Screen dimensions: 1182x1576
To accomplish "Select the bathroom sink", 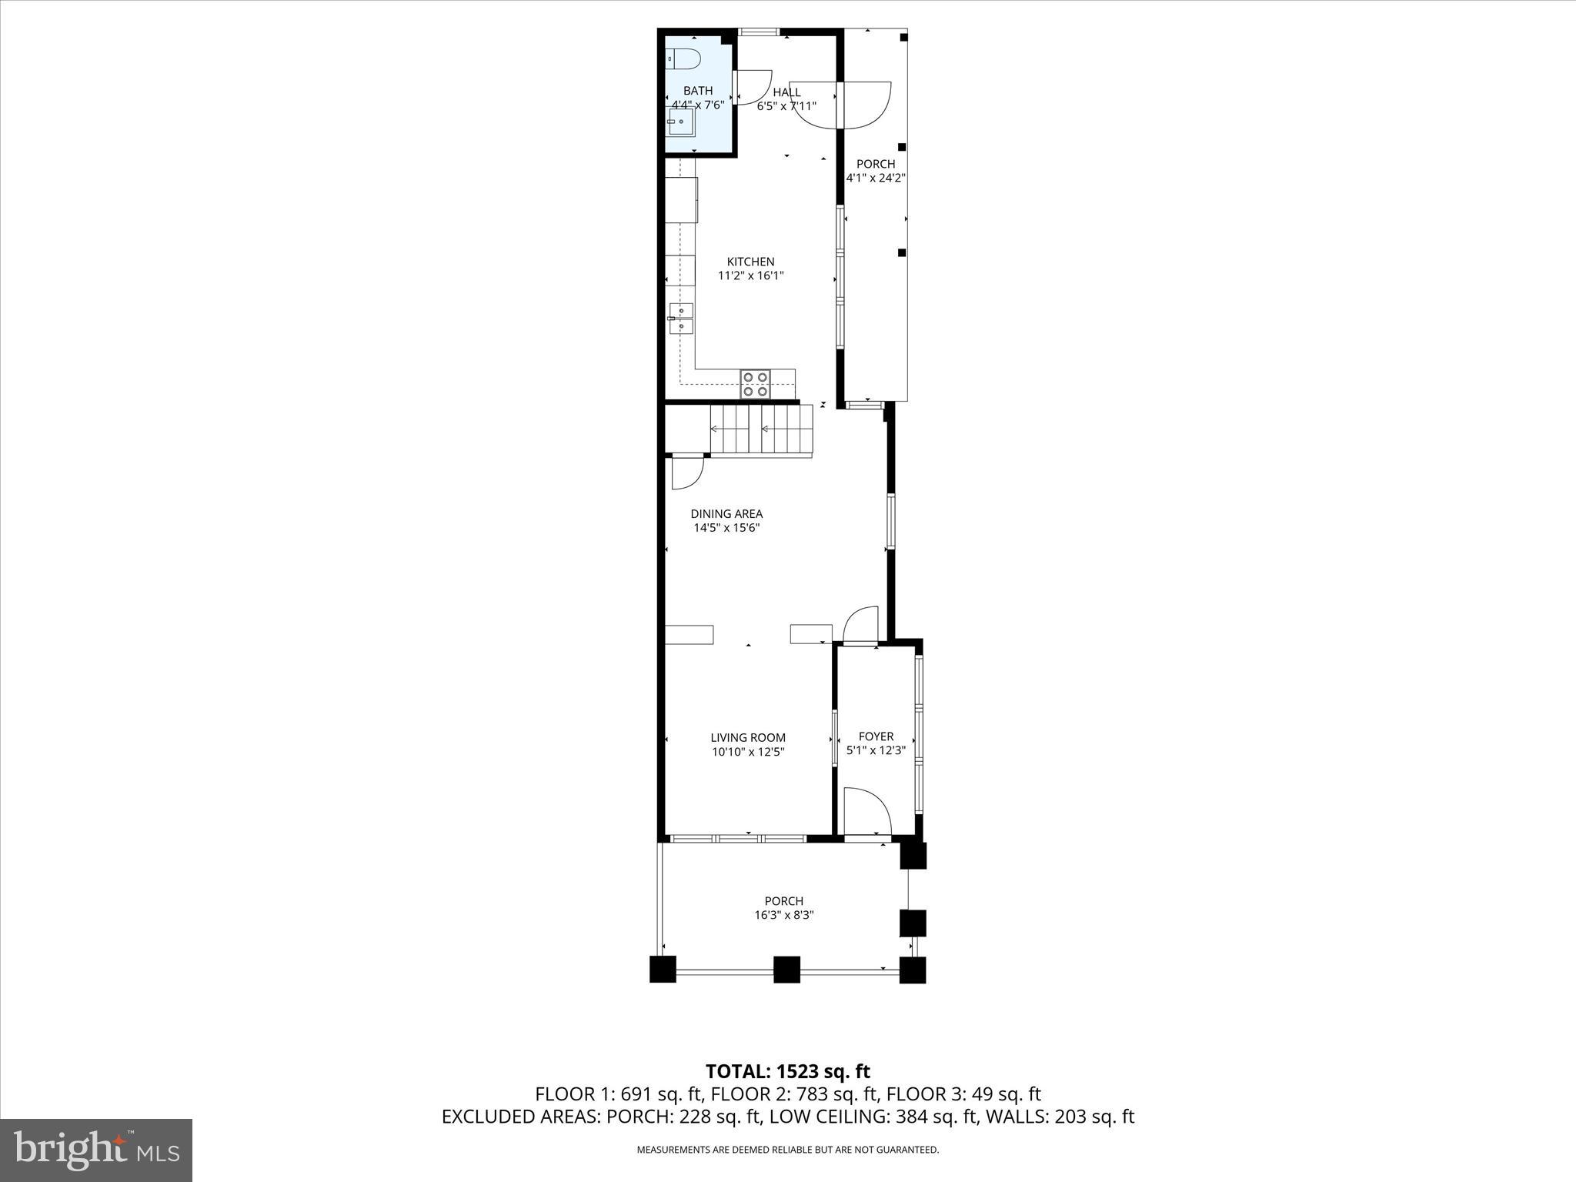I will coord(681,122).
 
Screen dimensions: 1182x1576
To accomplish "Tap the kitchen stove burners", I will coord(755,383).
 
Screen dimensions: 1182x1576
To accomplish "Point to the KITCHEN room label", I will coord(750,262).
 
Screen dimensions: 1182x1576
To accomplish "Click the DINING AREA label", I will coord(726,514).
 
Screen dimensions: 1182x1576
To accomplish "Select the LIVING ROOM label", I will coord(748,737).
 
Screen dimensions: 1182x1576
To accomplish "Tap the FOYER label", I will coord(876,736).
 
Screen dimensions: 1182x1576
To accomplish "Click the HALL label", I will coord(786,92).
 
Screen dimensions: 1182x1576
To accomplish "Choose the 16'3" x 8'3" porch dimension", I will coord(784,915).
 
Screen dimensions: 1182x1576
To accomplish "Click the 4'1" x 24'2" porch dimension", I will coord(876,178).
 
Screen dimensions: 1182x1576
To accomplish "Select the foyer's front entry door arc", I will coord(867,810).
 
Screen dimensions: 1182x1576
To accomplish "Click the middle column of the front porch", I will coord(786,970).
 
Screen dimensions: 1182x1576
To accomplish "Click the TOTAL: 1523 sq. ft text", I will coord(787,1071).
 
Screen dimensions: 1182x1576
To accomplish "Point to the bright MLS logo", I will coord(96,1151).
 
